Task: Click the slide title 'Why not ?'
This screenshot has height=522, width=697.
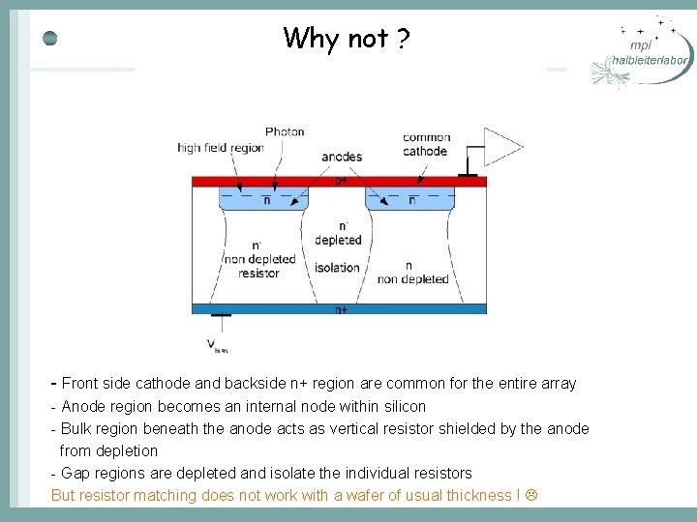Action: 347,39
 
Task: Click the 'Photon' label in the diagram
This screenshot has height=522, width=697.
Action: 285,131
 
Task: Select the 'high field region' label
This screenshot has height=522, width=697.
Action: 221,148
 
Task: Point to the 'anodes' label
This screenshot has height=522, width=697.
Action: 342,157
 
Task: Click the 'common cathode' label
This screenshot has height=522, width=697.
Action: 426,144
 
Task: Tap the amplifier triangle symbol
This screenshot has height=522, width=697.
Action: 502,147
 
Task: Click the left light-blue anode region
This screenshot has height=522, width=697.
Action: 266,198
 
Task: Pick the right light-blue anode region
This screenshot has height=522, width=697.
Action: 410,198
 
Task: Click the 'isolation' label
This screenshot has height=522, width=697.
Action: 338,268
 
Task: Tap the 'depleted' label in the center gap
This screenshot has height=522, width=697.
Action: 338,240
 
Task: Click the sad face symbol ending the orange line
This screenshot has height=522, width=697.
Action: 530,495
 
